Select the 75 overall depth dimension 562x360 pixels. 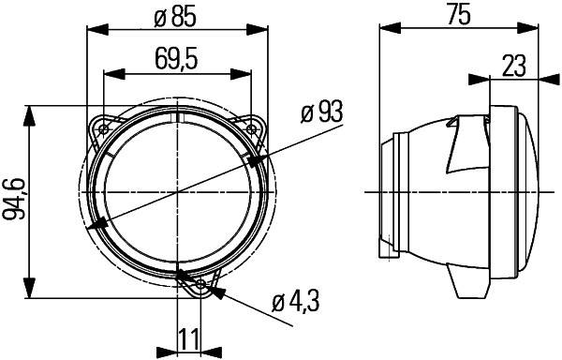(457, 14)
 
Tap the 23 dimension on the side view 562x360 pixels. (513, 65)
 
